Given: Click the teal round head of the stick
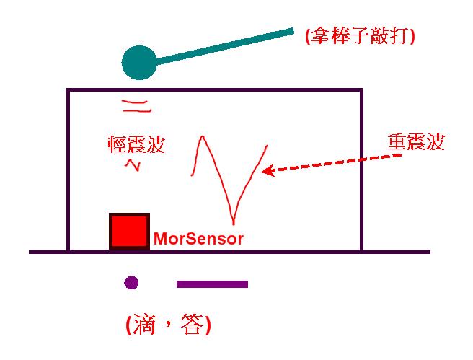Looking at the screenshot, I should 139,62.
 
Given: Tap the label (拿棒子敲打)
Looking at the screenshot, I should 360,36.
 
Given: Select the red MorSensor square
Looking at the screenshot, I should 129,232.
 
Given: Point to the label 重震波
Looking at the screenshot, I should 415,142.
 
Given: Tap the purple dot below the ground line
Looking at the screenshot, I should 131,283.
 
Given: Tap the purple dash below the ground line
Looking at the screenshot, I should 212,284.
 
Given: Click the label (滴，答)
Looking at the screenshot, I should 167,325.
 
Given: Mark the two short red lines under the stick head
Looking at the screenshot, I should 136,107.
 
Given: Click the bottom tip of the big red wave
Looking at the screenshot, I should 233,220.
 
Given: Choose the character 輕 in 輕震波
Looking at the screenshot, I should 115,145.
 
